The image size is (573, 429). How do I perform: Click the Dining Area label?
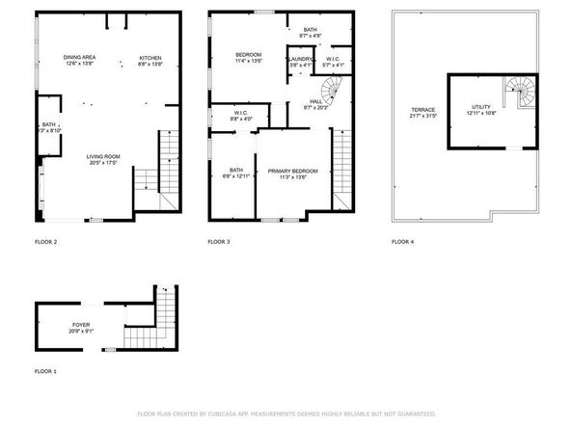pyautogui.click(x=78, y=58)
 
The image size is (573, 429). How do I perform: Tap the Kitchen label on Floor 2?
pyautogui.click(x=150, y=58)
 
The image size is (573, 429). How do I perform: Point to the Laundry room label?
pyautogui.click(x=299, y=59)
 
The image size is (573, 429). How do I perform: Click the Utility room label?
pyautogui.click(x=480, y=107)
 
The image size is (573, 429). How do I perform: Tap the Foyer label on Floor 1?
pyautogui.click(x=81, y=324)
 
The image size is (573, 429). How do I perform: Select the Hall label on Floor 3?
pyautogui.click(x=315, y=99)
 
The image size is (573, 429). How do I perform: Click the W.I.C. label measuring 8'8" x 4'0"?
pyautogui.click(x=241, y=113)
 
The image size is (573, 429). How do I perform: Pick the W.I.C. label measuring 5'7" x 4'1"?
pyautogui.click(x=332, y=59)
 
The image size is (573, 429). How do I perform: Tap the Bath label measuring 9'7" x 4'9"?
pyautogui.click(x=310, y=30)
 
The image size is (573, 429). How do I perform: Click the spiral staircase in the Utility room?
pyautogui.click(x=523, y=94)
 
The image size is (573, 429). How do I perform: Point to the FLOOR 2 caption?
pyautogui.click(x=45, y=241)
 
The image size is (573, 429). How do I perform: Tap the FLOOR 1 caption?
pyautogui.click(x=45, y=371)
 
